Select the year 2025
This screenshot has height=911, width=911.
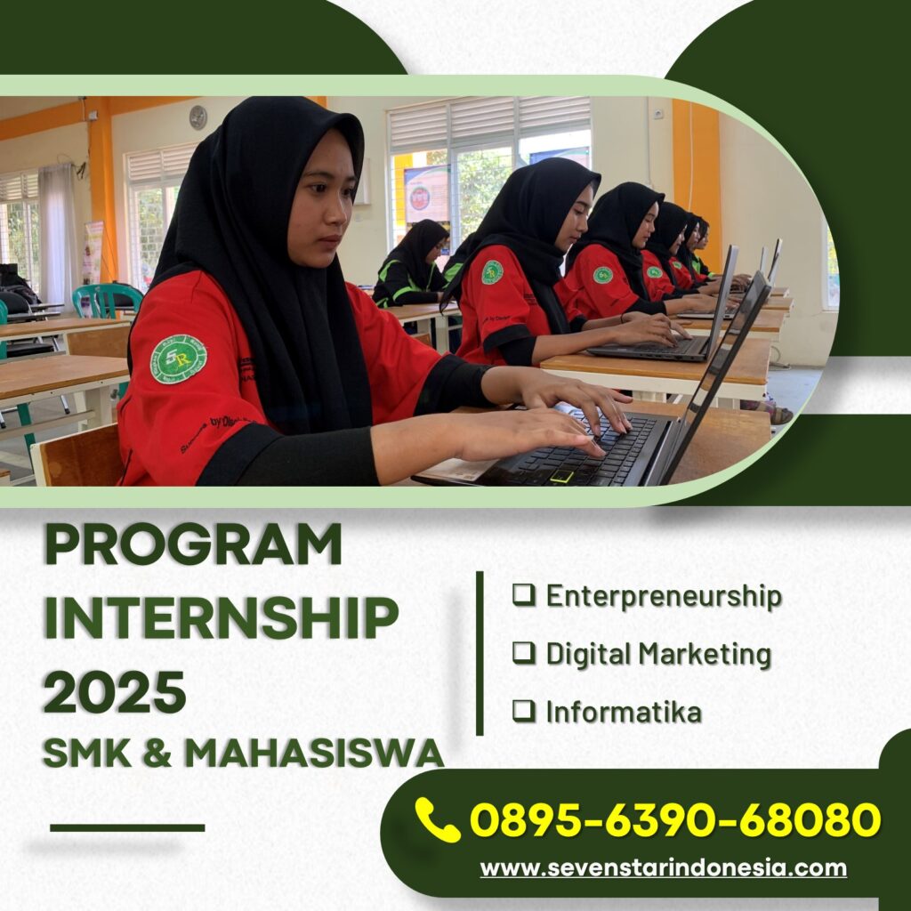(115, 691)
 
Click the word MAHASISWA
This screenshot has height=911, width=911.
(314, 753)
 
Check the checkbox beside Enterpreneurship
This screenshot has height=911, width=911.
(523, 595)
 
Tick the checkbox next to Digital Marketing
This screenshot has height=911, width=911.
(523, 652)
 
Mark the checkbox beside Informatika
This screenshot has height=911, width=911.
(523, 711)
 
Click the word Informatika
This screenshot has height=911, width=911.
(624, 712)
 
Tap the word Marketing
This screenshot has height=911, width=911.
(705, 654)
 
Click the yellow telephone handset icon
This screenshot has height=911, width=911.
(438, 819)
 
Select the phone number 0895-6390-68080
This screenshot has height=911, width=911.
(675, 819)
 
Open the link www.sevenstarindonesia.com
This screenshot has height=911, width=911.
(664, 868)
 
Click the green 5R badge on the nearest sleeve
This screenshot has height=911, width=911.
(178, 359)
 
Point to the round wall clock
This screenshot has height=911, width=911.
(198, 117)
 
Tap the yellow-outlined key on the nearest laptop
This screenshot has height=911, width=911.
(562, 477)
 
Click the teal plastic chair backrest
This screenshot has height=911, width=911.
(108, 299)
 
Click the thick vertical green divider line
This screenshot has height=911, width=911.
(480, 653)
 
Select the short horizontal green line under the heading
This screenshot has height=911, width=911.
(127, 828)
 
